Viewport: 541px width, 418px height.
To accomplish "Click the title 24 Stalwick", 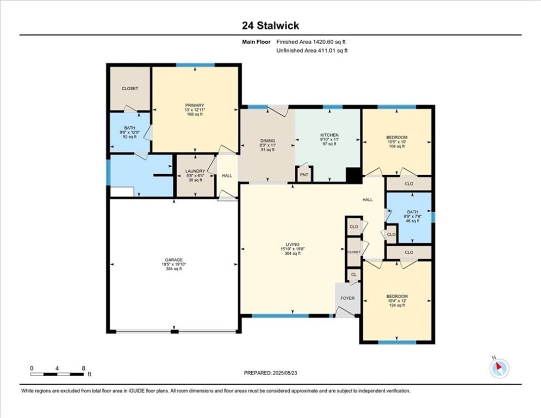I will (x=270, y=26).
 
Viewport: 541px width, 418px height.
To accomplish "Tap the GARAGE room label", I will (x=174, y=260).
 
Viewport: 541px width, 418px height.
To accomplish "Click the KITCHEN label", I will (x=329, y=135).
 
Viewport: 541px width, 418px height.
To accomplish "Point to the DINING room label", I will (x=267, y=140).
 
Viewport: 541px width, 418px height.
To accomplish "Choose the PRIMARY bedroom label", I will (x=194, y=105).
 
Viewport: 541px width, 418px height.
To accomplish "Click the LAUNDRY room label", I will (x=195, y=171).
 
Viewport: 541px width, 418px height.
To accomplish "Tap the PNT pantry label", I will (x=304, y=175).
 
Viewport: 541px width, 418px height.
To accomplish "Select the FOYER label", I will (x=347, y=298).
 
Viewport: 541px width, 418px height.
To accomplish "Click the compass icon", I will (x=499, y=368).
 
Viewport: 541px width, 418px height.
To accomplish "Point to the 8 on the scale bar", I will (x=83, y=368).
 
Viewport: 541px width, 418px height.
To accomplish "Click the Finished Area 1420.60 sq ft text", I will (x=312, y=42).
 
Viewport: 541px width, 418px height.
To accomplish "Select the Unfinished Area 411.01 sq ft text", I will (x=312, y=51).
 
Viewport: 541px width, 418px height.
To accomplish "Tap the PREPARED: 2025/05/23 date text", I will (x=270, y=373).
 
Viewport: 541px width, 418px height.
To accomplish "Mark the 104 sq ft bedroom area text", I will (x=397, y=146).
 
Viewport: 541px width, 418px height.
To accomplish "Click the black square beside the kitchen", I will (x=354, y=175).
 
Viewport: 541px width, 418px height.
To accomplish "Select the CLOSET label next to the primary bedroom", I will (x=130, y=88).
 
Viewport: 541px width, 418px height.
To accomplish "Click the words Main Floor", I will (x=257, y=42).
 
